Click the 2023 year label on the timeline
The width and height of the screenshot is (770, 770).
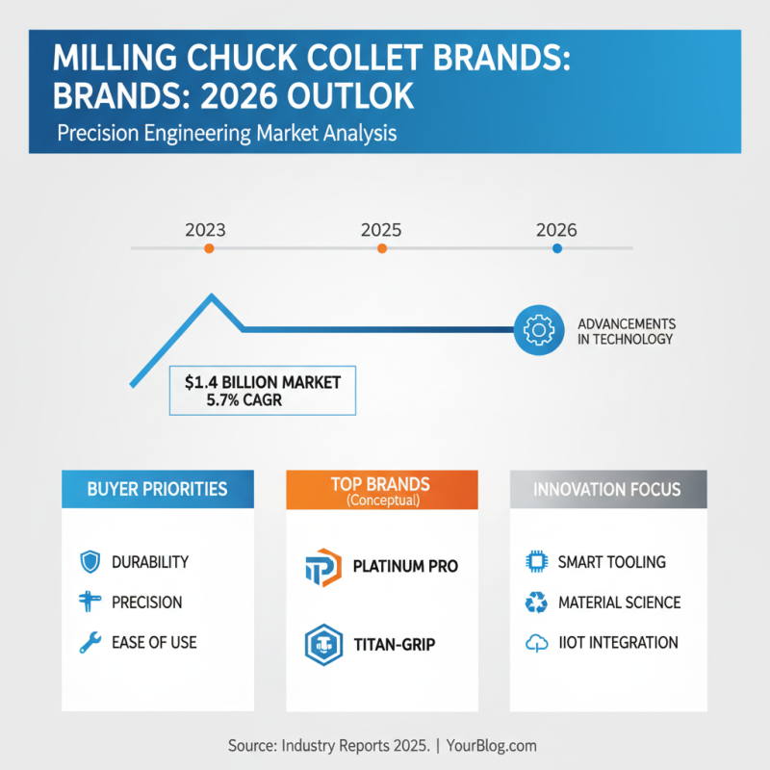tap(205, 230)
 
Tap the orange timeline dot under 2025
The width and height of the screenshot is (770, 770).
tap(382, 248)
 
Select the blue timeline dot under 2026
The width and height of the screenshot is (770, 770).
tap(556, 248)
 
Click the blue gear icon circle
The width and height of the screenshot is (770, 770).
tap(537, 330)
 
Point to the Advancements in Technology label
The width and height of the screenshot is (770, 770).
tap(626, 331)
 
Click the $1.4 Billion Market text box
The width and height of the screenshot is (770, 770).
tap(263, 391)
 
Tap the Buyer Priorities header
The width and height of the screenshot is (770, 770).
tap(158, 489)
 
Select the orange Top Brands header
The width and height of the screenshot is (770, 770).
tap(381, 489)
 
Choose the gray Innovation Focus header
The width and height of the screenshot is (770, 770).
tap(608, 489)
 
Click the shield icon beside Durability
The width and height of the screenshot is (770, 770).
tap(90, 561)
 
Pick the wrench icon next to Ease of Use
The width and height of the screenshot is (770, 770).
tap(90, 643)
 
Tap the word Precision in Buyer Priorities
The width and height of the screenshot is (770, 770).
tap(147, 603)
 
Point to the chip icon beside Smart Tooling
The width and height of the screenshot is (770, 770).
tap(535, 561)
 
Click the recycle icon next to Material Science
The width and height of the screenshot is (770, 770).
tap(535, 603)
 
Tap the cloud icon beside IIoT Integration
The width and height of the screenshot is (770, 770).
tap(535, 643)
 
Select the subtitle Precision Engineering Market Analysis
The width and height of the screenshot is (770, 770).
tap(226, 134)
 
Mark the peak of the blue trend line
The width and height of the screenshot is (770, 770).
tap(212, 295)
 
